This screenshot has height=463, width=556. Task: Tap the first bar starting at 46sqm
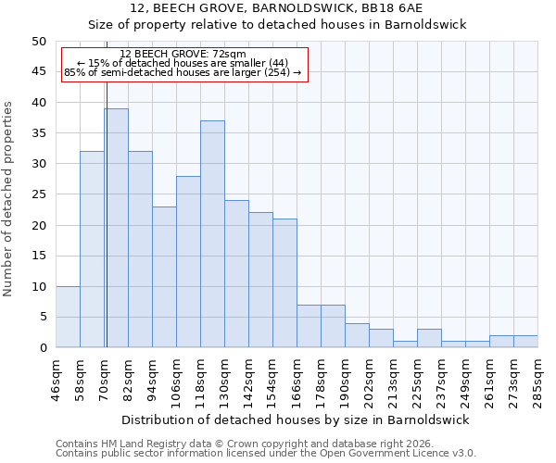point(68,317)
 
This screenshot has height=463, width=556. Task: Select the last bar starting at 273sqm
point(525,341)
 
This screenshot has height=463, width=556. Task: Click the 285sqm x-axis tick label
point(537,381)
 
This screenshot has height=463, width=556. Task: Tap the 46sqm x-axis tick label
point(56,381)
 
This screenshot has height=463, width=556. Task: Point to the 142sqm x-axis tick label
point(248,381)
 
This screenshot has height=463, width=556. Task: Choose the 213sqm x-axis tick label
point(393,381)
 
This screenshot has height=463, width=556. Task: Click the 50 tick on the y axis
point(38,42)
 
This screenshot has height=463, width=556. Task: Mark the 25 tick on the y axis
point(38,194)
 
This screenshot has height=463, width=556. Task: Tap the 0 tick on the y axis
point(42,348)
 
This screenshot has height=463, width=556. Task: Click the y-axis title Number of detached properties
point(9,194)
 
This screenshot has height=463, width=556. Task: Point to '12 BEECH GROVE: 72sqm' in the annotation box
point(183,55)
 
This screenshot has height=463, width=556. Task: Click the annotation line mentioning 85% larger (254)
point(183,72)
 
